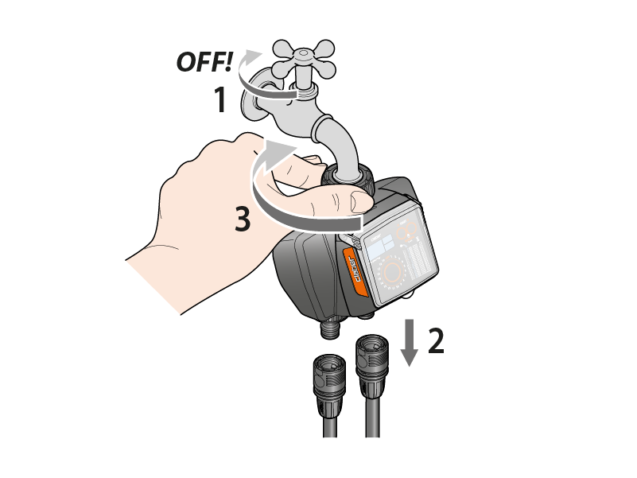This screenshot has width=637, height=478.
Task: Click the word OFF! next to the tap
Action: tap(204, 62)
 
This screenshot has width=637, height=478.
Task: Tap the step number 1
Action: tap(220, 99)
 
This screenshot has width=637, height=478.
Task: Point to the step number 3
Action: tap(243, 219)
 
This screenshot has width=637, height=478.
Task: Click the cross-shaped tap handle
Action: tap(304, 60)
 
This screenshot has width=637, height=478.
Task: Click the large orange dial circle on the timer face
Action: tap(392, 271)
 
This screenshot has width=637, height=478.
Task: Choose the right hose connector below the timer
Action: tap(372, 363)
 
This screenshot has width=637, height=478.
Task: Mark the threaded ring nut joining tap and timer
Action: tap(348, 177)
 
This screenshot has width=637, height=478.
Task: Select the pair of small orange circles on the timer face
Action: tap(407, 231)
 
